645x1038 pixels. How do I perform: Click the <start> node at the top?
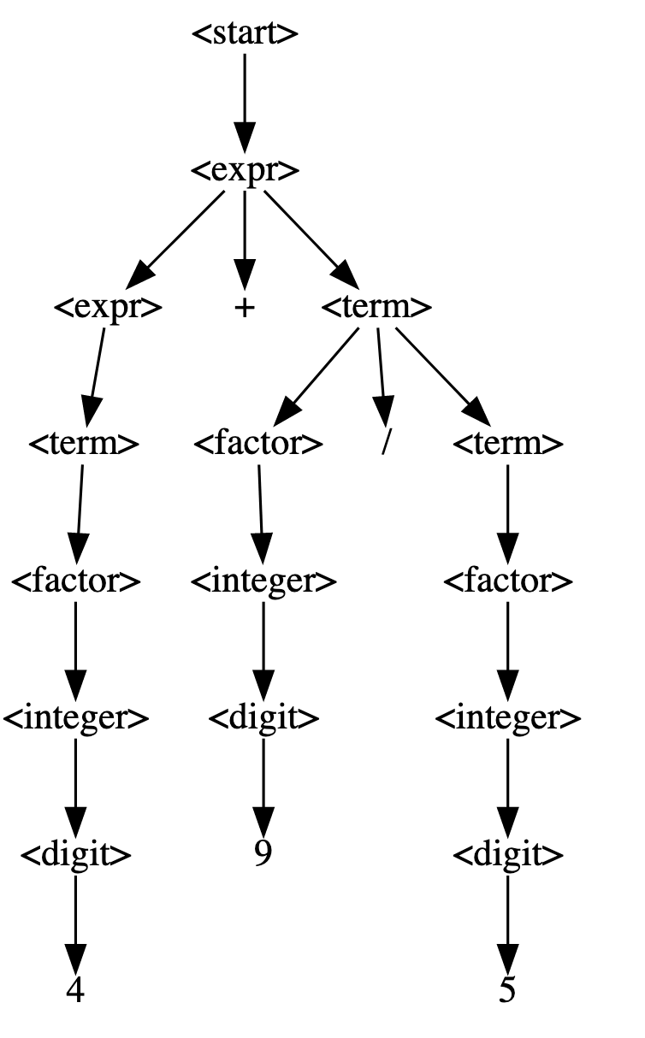[x=245, y=34]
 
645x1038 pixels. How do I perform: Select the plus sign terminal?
[x=245, y=308]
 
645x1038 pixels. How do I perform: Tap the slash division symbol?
[x=386, y=445]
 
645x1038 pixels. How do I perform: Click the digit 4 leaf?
[x=75, y=991]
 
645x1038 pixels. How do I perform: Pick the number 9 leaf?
[x=263, y=854]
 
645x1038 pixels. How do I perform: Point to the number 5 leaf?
[x=507, y=991]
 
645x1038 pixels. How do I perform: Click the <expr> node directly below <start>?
[x=245, y=171]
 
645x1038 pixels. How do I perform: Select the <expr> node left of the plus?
[x=108, y=308]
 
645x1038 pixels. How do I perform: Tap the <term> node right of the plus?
[x=376, y=308]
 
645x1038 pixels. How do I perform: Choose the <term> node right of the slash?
[x=507, y=445]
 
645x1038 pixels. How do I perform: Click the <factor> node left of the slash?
[x=257, y=445]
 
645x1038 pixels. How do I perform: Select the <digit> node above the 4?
[x=75, y=854]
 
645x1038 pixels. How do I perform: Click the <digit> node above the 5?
[x=507, y=854]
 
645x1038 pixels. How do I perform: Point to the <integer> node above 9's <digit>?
[x=263, y=581]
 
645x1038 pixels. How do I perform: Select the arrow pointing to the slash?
[x=382, y=376]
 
